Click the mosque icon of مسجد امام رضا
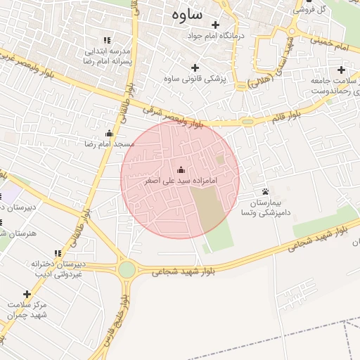[109, 133]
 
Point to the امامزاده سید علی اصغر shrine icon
[181, 169]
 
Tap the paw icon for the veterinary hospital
[265, 191]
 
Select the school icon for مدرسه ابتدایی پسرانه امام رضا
[107, 41]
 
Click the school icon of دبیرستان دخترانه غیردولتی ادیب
[58, 253]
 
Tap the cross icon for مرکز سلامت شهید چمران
[27, 294]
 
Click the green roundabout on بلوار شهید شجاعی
[127, 269]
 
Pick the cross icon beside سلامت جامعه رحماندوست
[341, 70]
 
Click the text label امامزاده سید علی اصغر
[179, 181]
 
